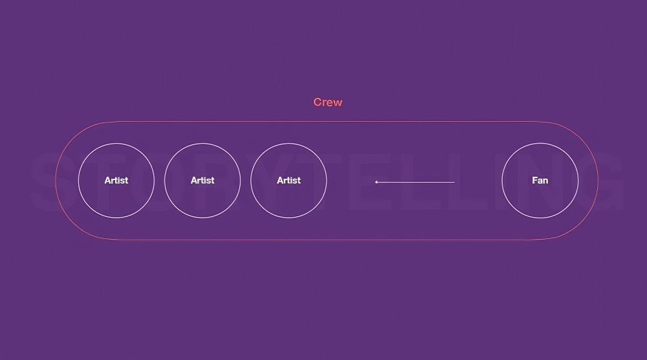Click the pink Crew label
pyautogui.click(x=327, y=102)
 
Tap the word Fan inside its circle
pyautogui.click(x=540, y=181)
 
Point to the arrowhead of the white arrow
pyautogui.click(x=375, y=182)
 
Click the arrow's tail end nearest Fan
pyautogui.click(x=455, y=182)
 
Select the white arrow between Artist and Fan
pyautogui.click(x=415, y=182)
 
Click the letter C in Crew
pyautogui.click(x=317, y=102)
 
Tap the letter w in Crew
pyautogui.click(x=338, y=103)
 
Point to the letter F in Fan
pyautogui.click(x=534, y=181)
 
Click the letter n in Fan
pyautogui.click(x=545, y=181)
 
